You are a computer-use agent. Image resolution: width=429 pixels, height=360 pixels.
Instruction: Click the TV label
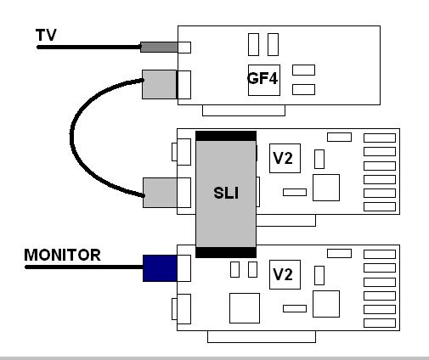coord(46,35)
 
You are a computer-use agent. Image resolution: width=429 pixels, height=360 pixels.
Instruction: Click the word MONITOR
coord(62,255)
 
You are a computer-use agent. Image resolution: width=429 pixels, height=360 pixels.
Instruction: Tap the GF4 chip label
coord(262,78)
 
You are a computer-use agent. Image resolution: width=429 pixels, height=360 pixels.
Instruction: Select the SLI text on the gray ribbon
coord(226,193)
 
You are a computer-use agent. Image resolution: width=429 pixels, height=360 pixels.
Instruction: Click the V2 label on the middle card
coord(283,158)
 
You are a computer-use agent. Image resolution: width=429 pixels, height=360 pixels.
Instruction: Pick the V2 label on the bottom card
coord(283,274)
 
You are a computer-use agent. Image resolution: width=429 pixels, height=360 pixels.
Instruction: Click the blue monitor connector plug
coord(160,268)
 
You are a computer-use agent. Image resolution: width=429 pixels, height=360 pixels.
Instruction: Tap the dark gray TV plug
coord(159,47)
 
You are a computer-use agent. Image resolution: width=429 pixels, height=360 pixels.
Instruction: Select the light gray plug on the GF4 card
coord(159,84)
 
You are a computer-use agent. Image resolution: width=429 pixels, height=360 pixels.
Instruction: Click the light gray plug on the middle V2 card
coord(160,193)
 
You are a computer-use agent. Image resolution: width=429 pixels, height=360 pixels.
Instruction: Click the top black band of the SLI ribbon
coord(226,136)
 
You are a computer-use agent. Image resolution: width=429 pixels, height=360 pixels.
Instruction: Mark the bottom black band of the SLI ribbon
coord(226,252)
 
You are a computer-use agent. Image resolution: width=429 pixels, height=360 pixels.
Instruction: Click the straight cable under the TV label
coord(88,48)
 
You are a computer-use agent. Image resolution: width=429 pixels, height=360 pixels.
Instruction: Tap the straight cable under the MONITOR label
coord(84,267)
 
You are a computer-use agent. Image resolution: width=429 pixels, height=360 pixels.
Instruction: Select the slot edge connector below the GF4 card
coord(244,110)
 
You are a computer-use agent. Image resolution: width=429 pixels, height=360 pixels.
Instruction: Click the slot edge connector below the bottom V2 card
coord(262,336)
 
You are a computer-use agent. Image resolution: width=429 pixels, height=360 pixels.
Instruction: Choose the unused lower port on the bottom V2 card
coord(182,309)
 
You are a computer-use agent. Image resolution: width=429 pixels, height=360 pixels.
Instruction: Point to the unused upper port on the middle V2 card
coord(182,152)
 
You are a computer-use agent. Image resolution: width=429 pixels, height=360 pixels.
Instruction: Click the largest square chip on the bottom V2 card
coord(245,308)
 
